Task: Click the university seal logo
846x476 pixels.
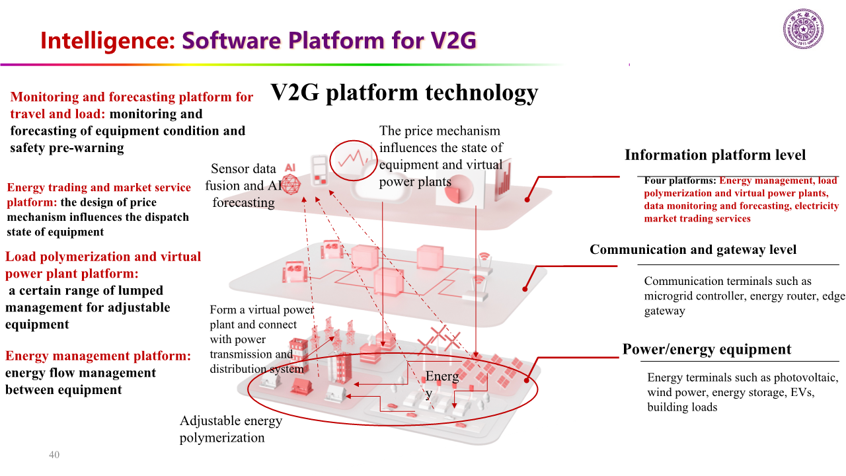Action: [x=803, y=29]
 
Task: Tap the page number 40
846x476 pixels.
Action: [x=54, y=455]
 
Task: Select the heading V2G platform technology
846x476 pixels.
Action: [x=404, y=92]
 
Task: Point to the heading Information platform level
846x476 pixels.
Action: [x=715, y=155]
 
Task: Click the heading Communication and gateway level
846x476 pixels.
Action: [x=693, y=250]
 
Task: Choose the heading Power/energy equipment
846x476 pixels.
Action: [x=707, y=350]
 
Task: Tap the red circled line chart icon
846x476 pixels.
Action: [x=352, y=159]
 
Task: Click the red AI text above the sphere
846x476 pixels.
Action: [x=289, y=169]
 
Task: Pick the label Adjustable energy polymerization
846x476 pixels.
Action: [x=231, y=429]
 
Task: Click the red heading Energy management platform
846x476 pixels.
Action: [x=98, y=356]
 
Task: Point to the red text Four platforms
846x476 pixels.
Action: [x=681, y=180]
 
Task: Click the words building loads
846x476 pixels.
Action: [x=682, y=407]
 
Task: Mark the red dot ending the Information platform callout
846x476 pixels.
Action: [x=527, y=199]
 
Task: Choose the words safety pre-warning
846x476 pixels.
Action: [x=67, y=148]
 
